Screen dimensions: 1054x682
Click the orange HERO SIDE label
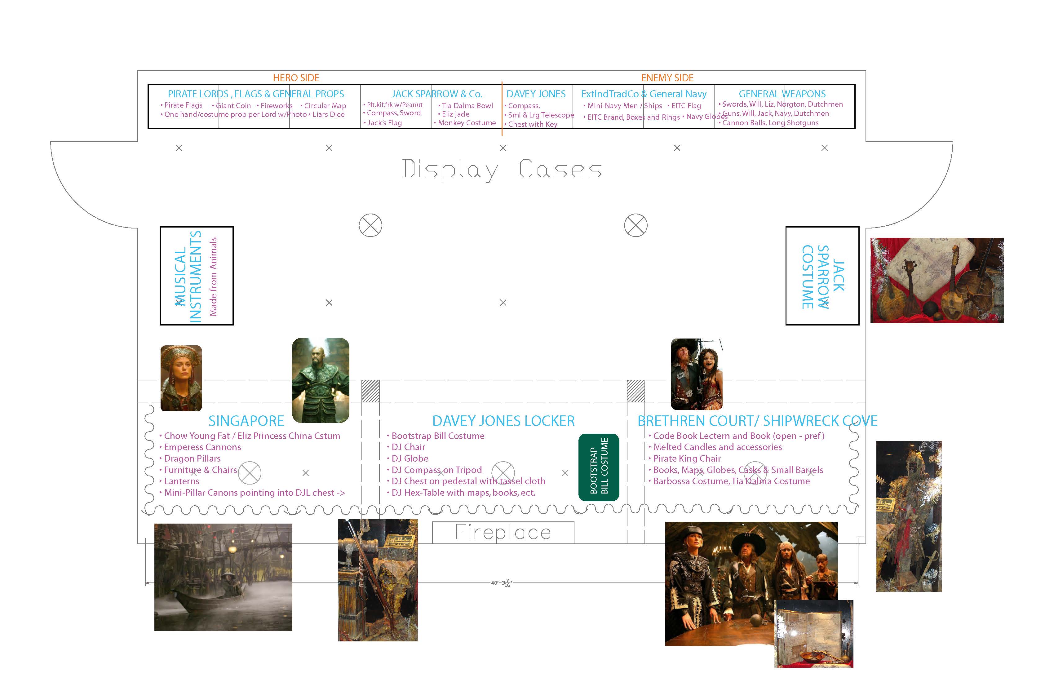pos(296,78)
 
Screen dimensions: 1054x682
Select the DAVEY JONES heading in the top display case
pos(536,94)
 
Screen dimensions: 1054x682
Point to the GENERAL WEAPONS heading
pos(782,94)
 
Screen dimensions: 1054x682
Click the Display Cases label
pos(502,170)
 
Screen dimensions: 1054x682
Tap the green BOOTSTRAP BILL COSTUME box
pos(599,467)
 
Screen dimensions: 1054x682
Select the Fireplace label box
pos(503,532)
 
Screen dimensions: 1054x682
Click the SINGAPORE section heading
pos(246,421)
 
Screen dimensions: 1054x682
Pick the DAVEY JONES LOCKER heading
pos(503,421)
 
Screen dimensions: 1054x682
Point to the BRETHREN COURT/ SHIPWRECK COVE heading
pos(757,421)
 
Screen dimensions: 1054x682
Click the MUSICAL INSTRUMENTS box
pos(197,276)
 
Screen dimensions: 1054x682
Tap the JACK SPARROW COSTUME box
pos(822,276)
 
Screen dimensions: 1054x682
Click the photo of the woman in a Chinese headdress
pos(181,378)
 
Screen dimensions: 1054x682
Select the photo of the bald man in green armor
pos(321,380)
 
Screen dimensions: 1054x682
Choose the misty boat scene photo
pos(223,577)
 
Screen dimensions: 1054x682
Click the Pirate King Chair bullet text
pos(687,459)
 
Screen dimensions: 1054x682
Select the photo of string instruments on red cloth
pos(937,280)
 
